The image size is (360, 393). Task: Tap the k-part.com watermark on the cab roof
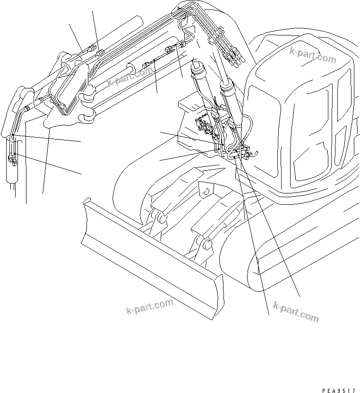pyautogui.click(x=313, y=56)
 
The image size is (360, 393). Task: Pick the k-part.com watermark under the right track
pyautogui.click(x=296, y=312)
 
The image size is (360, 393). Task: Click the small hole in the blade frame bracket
pyautogui.click(x=205, y=192)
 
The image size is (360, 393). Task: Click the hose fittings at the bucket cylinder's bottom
pyautogui.click(x=13, y=161)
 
